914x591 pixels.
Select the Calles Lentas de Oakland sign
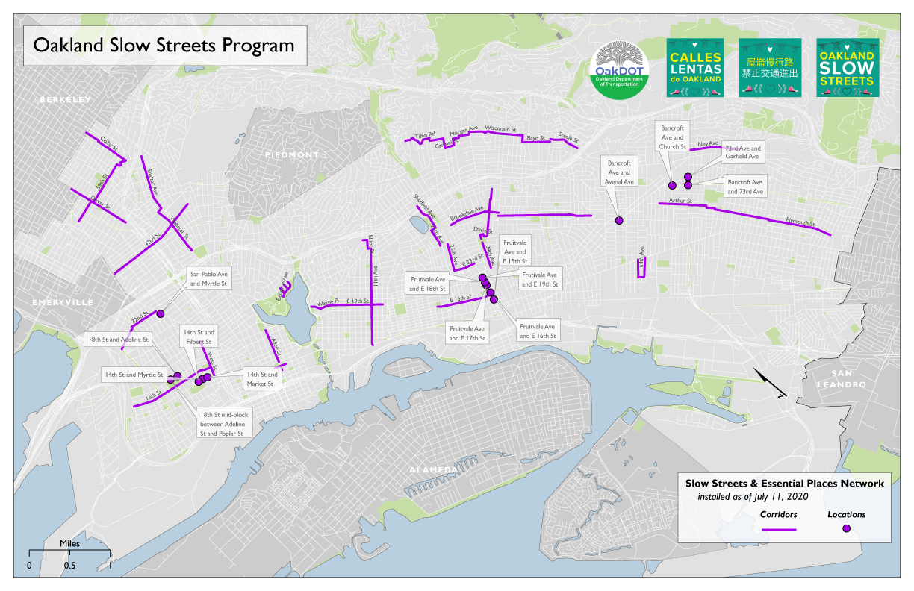pyautogui.click(x=695, y=67)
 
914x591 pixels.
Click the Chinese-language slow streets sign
pyautogui.click(x=770, y=67)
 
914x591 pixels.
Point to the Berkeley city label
pyautogui.click(x=65, y=100)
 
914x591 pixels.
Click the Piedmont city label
pyautogui.click(x=291, y=154)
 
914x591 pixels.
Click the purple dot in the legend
pyautogui.click(x=846, y=528)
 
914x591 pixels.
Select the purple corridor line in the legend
pyautogui.click(x=778, y=529)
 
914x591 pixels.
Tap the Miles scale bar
pyautogui.click(x=69, y=553)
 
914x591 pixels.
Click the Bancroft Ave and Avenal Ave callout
pyautogui.click(x=620, y=172)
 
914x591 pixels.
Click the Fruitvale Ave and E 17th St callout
pyautogui.click(x=467, y=333)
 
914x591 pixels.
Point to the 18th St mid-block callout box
pyautogui.click(x=225, y=423)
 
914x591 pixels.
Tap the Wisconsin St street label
pyautogui.click(x=500, y=128)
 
